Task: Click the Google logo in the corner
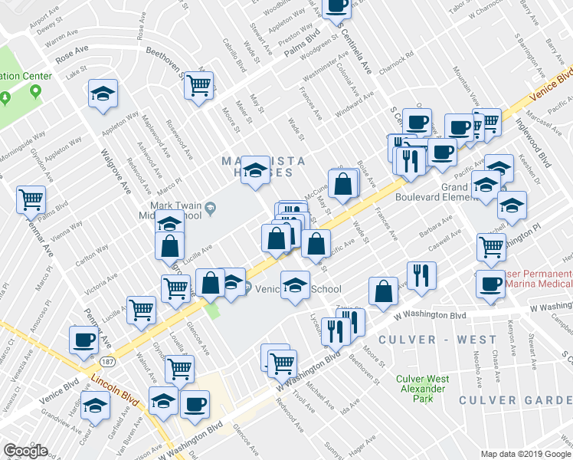pyautogui.click(x=25, y=451)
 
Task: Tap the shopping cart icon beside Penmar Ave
pyautogui.click(x=31, y=200)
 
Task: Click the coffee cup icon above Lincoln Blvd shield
pyautogui.click(x=83, y=340)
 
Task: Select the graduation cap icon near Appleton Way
pyautogui.click(x=103, y=93)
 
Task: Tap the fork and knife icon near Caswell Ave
pyautogui.click(x=421, y=274)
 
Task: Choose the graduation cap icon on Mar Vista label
pyautogui.click(x=256, y=169)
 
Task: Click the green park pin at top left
pyautogui.click(x=35, y=91)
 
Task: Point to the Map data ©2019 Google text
pyautogui.click(x=525, y=453)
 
